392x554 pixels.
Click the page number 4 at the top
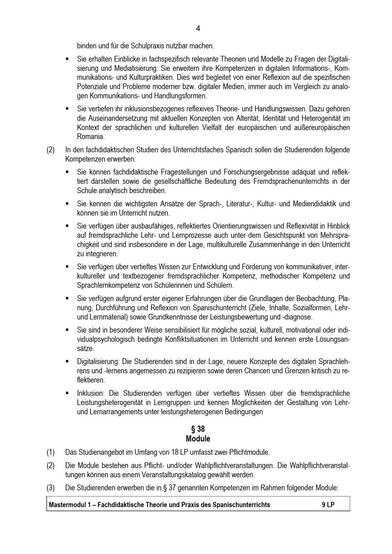(x=198, y=29)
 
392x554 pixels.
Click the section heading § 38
(x=198, y=429)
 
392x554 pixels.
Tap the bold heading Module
(x=198, y=439)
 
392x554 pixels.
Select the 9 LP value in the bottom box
(x=328, y=505)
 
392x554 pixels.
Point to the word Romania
(x=91, y=137)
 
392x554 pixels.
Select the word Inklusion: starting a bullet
(x=91, y=393)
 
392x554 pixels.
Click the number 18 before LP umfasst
(x=175, y=452)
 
